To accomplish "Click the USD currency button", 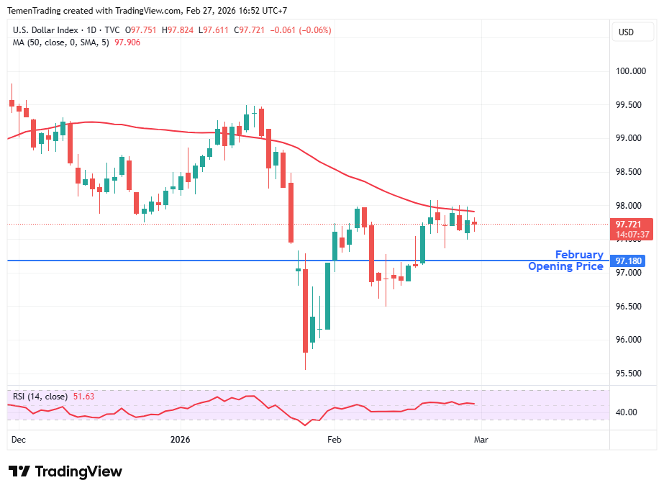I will click(x=626, y=32).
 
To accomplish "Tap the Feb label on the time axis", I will click(x=334, y=438).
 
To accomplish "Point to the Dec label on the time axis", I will click(x=18, y=438).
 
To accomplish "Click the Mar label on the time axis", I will click(x=481, y=438).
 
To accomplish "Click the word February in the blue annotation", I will click(x=578, y=255).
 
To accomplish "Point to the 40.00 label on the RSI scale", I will click(x=626, y=412).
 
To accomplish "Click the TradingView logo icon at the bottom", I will click(x=19, y=471).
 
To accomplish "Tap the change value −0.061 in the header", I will click(x=273, y=30).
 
